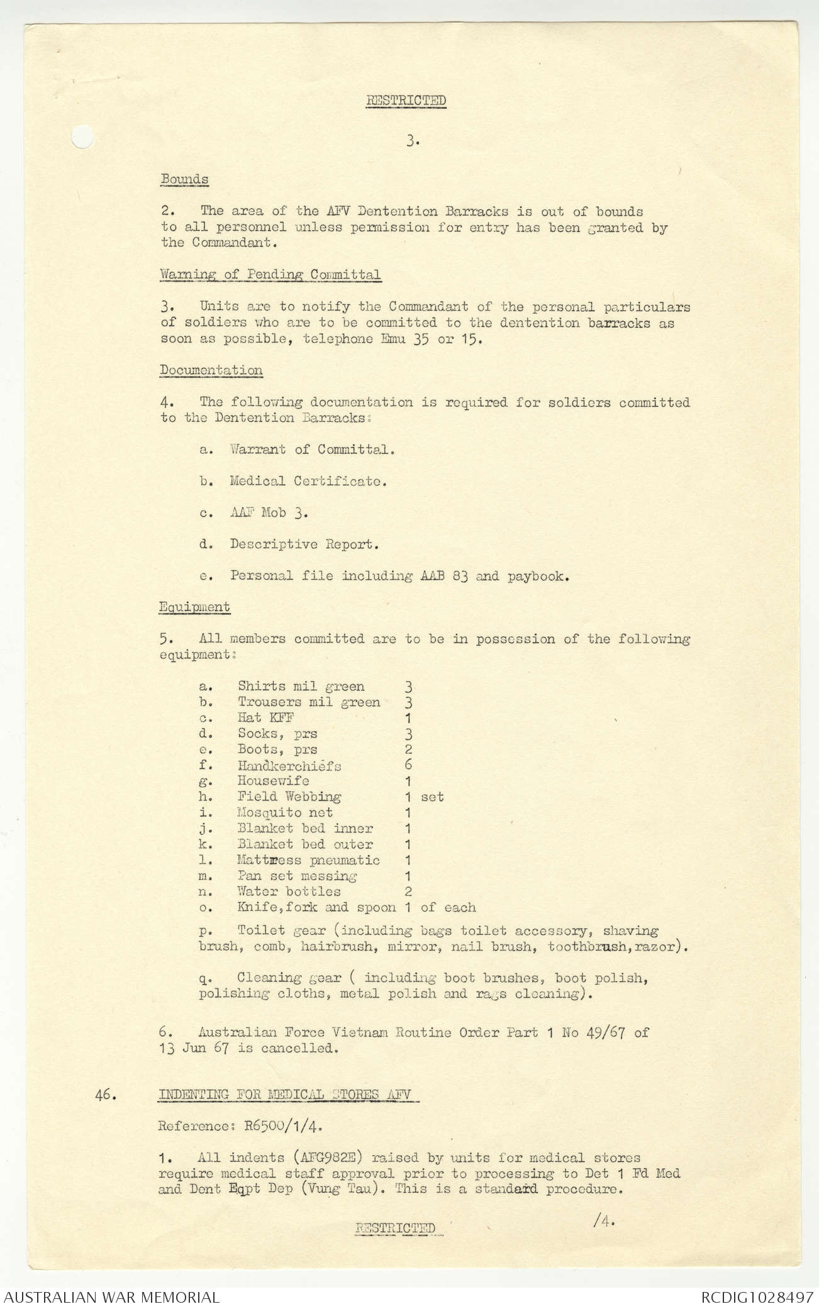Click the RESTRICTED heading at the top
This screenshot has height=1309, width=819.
tap(406, 101)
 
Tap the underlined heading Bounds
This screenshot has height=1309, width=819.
tap(184, 179)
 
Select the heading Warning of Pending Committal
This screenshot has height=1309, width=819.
tap(270, 275)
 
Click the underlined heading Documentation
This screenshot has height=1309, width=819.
tap(211, 370)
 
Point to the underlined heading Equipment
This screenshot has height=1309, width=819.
tap(194, 607)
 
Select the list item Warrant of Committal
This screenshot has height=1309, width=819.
tap(312, 450)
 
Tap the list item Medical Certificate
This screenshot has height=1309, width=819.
tap(308, 482)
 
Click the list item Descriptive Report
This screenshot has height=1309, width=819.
tap(304, 544)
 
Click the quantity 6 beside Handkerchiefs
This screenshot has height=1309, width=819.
tap(408, 765)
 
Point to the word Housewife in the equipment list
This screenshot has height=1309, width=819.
tap(273, 781)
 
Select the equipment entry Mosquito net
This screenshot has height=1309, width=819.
tap(285, 812)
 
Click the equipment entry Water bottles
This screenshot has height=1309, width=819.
tap(289, 892)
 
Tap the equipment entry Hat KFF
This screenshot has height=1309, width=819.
tap(265, 717)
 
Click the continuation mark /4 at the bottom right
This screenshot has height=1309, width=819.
tap(603, 1220)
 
